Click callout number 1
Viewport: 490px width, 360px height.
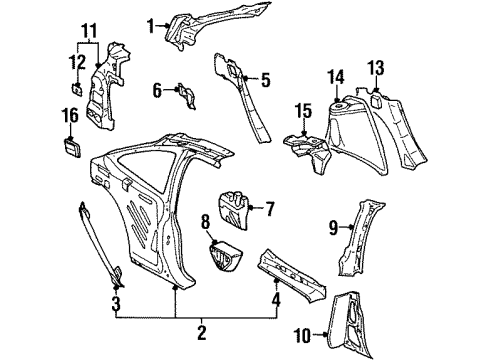151,25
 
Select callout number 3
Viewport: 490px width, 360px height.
115,302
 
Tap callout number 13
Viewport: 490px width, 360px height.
376,68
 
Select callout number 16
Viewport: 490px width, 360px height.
69,117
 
